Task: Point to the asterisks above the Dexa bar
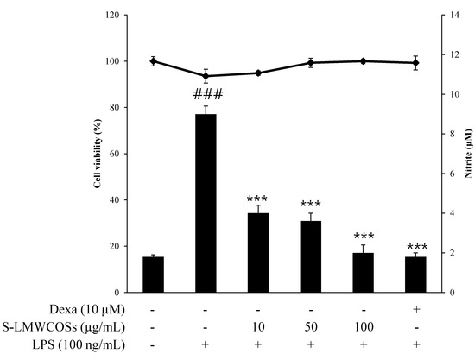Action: point(415,246)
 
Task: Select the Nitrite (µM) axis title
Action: point(469,154)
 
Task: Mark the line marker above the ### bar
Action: point(206,76)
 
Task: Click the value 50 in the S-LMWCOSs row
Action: point(310,327)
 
